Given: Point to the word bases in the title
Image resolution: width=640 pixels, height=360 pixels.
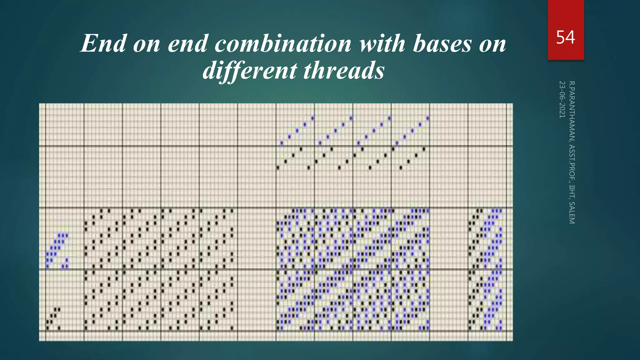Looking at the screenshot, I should (442, 44).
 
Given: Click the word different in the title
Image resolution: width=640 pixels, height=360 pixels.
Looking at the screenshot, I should (249, 70).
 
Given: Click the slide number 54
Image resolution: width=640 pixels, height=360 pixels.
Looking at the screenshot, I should (565, 37).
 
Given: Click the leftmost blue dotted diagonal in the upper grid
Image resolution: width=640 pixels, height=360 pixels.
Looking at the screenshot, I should (297, 130).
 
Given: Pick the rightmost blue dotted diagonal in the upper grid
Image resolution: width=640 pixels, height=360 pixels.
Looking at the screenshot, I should (412, 130).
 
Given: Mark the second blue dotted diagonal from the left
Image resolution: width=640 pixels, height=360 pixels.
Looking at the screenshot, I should (335, 130).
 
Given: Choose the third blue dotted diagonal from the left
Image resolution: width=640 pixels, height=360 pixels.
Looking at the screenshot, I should (374, 130).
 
